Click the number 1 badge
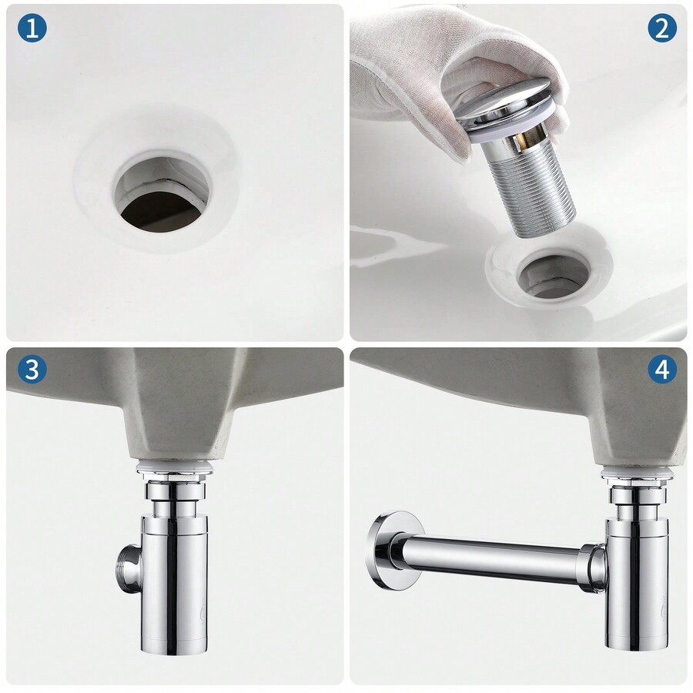point(31,28)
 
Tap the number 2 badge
point(661,28)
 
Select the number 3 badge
point(31,370)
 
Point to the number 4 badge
point(661,370)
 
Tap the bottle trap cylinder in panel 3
point(174,585)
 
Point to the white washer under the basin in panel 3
point(174,466)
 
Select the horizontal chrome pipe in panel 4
point(493,558)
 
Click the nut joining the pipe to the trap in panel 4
point(593,568)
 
